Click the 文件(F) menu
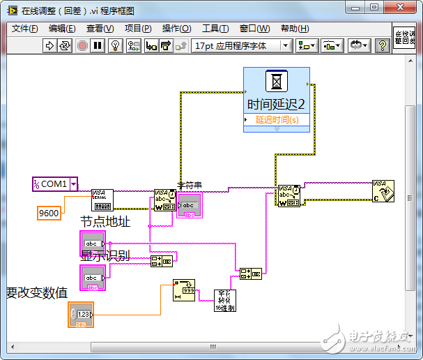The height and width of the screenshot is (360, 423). point(25,29)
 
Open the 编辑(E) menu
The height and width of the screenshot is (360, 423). point(62,29)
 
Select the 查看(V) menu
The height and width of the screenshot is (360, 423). point(100,29)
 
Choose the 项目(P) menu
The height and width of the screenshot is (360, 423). point(137,29)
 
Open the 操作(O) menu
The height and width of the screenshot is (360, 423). point(176,29)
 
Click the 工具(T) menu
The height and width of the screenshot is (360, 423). point(215,29)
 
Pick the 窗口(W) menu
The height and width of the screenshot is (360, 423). point(254,29)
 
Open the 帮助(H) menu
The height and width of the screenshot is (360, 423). point(293,29)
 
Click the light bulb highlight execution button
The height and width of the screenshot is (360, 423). point(116,45)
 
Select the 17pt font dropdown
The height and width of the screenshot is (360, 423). point(241,45)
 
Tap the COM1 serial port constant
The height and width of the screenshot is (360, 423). point(55,184)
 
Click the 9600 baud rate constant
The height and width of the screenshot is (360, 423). point(49,213)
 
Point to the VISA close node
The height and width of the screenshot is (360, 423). point(383,190)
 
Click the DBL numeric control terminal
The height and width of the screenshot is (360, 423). point(82,315)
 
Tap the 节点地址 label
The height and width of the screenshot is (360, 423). point(105,221)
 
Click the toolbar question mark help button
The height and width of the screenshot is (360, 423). point(382,45)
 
